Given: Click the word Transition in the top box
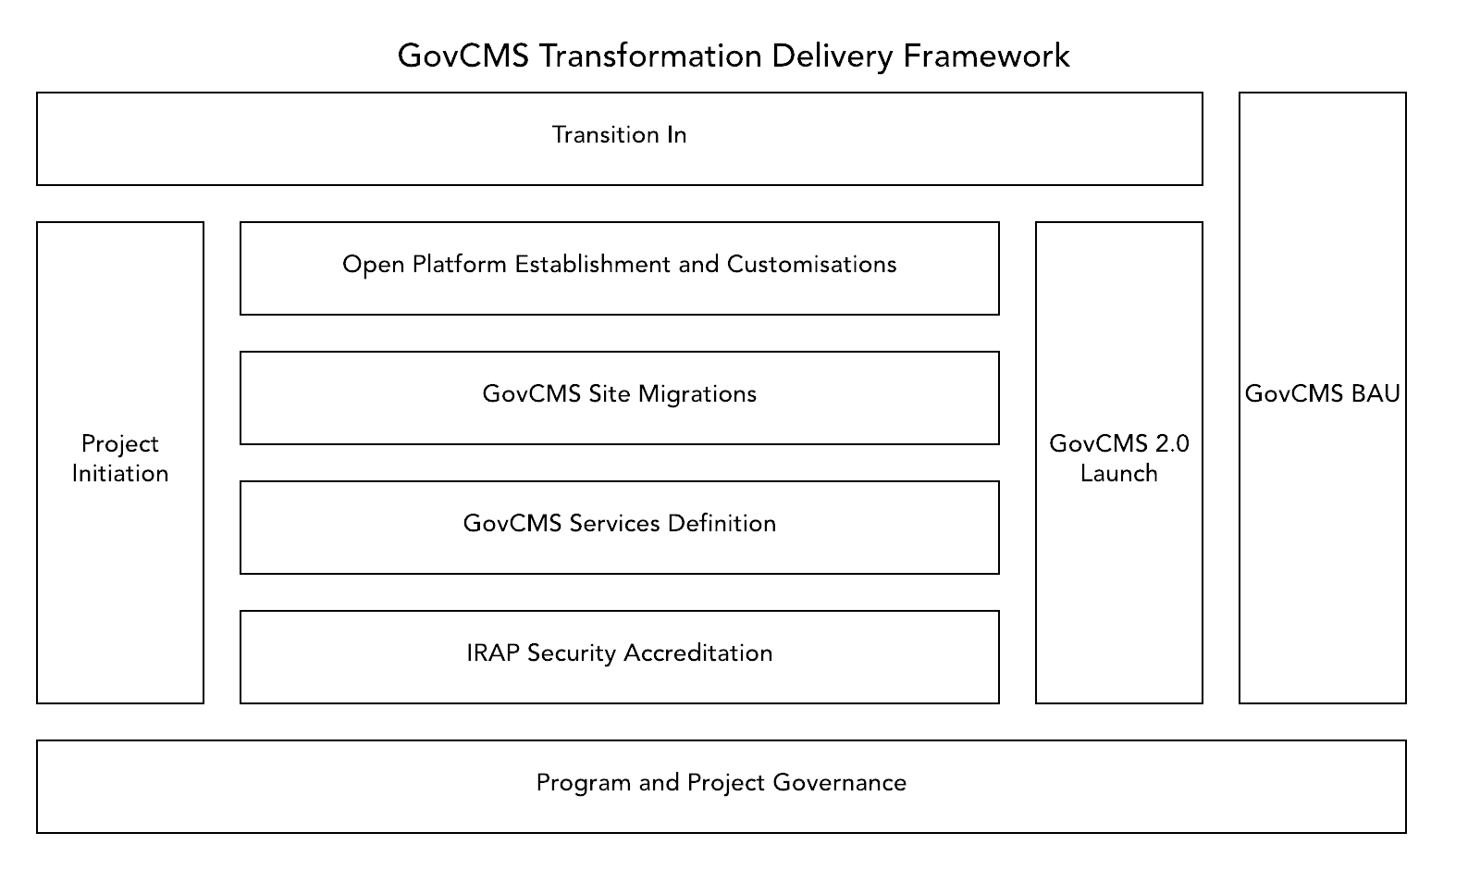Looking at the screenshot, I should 593,135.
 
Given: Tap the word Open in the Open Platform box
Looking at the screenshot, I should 374,265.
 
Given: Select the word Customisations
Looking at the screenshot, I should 811,265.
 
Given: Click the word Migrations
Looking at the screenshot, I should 697,394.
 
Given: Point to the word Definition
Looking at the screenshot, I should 722,524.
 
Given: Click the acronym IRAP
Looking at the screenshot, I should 493,653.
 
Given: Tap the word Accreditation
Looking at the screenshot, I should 697,653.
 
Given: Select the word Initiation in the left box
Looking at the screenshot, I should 120,474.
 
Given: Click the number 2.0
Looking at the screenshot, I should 1172,444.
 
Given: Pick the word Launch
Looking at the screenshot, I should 1119,474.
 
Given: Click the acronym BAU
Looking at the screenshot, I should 1375,394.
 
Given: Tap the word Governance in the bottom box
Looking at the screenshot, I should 839,783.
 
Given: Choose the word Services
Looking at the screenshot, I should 614,524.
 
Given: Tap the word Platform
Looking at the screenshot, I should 459,265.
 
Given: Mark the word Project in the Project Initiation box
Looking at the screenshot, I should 120,445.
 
